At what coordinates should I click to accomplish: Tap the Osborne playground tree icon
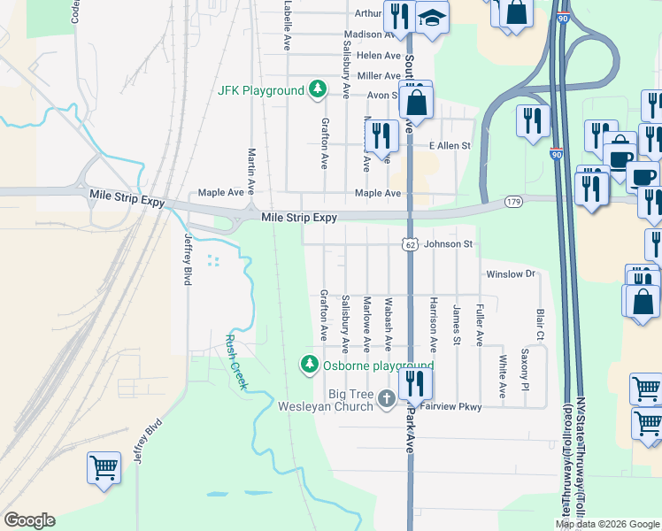310,365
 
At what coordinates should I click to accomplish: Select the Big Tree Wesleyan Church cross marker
386,399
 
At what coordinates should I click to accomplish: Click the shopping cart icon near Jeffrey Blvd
104,467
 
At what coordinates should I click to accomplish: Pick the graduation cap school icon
432,19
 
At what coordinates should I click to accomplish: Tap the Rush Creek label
236,362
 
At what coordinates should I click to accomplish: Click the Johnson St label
450,244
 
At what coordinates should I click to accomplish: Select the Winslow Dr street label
511,274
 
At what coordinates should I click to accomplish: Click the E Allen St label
450,145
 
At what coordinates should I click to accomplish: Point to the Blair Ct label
539,325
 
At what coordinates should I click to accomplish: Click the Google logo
29,520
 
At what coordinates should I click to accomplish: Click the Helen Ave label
380,55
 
